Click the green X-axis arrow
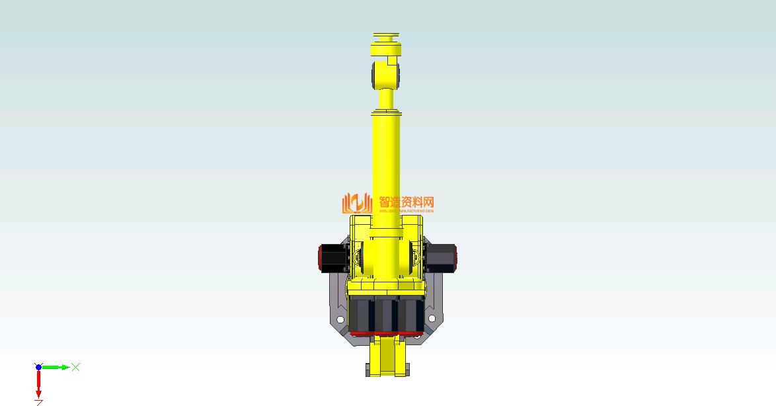point(56,367)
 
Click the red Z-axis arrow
point(38,384)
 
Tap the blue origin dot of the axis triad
point(38,367)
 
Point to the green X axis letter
point(76,367)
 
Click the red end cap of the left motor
point(321,257)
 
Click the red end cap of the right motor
point(455,257)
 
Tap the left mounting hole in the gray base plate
point(340,319)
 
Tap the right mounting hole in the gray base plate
point(432,319)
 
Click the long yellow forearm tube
point(387,172)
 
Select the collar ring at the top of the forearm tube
point(387,113)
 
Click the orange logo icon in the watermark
point(357,203)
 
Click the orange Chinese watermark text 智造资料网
point(407,202)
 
